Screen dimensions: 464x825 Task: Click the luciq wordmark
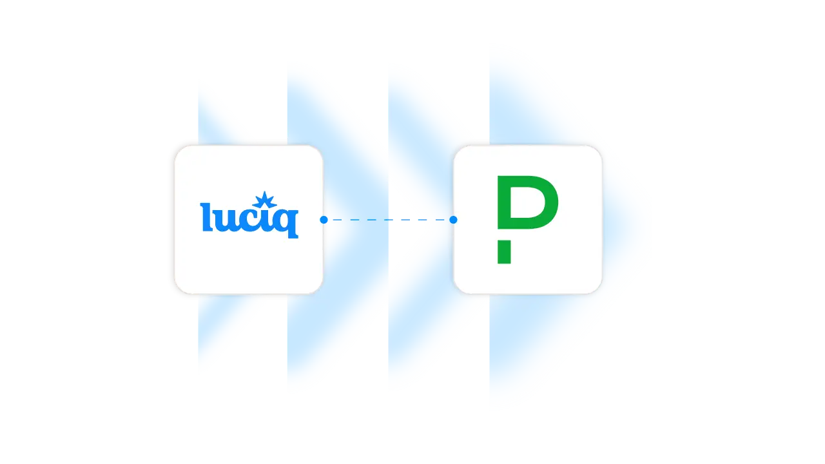pos(249,217)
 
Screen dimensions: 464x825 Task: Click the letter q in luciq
pos(287,222)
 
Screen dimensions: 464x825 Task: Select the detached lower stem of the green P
pos(504,251)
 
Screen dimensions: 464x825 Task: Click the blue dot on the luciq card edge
pos(324,220)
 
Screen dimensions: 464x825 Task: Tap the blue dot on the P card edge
pos(453,220)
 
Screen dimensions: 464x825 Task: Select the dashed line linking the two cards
pos(387,220)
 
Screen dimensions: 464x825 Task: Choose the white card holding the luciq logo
pos(248,258)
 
